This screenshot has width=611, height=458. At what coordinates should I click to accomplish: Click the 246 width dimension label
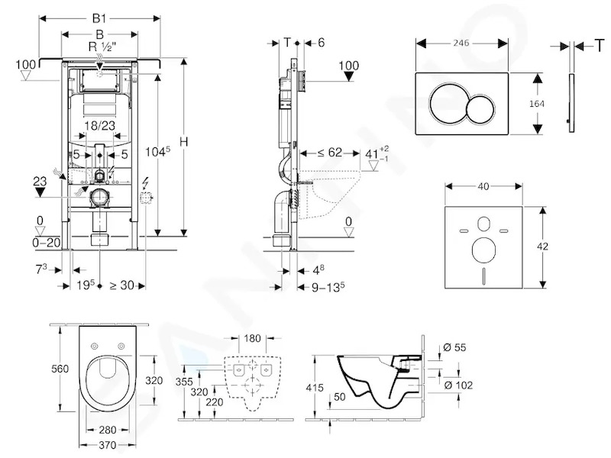[x=461, y=43]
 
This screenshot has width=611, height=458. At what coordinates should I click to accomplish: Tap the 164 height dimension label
[x=537, y=104]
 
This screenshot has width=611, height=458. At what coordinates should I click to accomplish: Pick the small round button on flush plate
[x=481, y=108]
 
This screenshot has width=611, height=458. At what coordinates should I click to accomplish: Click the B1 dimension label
[x=99, y=18]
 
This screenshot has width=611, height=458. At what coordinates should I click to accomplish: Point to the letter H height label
[x=183, y=142]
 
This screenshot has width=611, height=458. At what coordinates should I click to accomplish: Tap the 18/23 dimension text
[x=100, y=125]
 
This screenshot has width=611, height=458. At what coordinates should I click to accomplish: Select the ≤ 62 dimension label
[x=329, y=152]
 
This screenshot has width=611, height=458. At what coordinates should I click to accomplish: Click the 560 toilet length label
[x=60, y=369]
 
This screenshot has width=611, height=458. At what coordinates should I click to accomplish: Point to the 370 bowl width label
[x=108, y=445]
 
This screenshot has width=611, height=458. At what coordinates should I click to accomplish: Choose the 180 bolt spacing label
[x=252, y=338]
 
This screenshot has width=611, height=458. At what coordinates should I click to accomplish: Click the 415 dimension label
[x=315, y=388]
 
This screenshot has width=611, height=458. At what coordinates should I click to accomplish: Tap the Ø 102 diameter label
[x=458, y=385]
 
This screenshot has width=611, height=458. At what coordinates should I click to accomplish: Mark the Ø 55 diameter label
[x=454, y=347]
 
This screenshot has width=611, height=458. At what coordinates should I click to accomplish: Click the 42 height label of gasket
[x=542, y=246]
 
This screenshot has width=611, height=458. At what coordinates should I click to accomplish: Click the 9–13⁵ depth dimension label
[x=328, y=287]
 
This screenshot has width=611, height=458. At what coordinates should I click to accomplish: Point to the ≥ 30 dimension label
[x=122, y=285]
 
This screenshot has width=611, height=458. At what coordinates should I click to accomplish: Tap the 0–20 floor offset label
[x=47, y=243]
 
